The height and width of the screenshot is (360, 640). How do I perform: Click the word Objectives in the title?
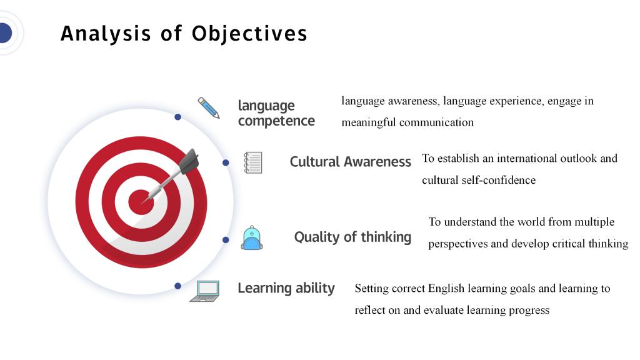point(249,34)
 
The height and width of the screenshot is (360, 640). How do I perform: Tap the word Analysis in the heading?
point(106,34)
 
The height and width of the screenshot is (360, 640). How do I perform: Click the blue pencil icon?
point(209,107)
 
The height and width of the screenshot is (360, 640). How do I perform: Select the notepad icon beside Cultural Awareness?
point(253,162)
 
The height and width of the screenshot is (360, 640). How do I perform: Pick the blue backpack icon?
point(252,237)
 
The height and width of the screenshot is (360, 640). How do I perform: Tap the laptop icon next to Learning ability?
point(205,291)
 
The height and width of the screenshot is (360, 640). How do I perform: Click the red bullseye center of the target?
point(141,202)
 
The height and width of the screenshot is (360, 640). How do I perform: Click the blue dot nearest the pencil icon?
point(177,117)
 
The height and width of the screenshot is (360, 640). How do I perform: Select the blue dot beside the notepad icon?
point(226,163)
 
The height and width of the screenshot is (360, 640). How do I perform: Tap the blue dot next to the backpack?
point(226,240)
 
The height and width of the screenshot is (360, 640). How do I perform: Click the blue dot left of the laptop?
point(177,286)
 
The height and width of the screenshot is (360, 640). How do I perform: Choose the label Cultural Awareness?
point(350,162)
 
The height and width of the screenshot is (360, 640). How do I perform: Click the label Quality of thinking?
point(352,237)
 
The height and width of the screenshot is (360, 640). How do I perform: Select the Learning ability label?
point(286,288)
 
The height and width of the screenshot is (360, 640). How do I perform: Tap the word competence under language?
point(276,121)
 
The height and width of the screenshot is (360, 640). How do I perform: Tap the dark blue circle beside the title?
point(5,33)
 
